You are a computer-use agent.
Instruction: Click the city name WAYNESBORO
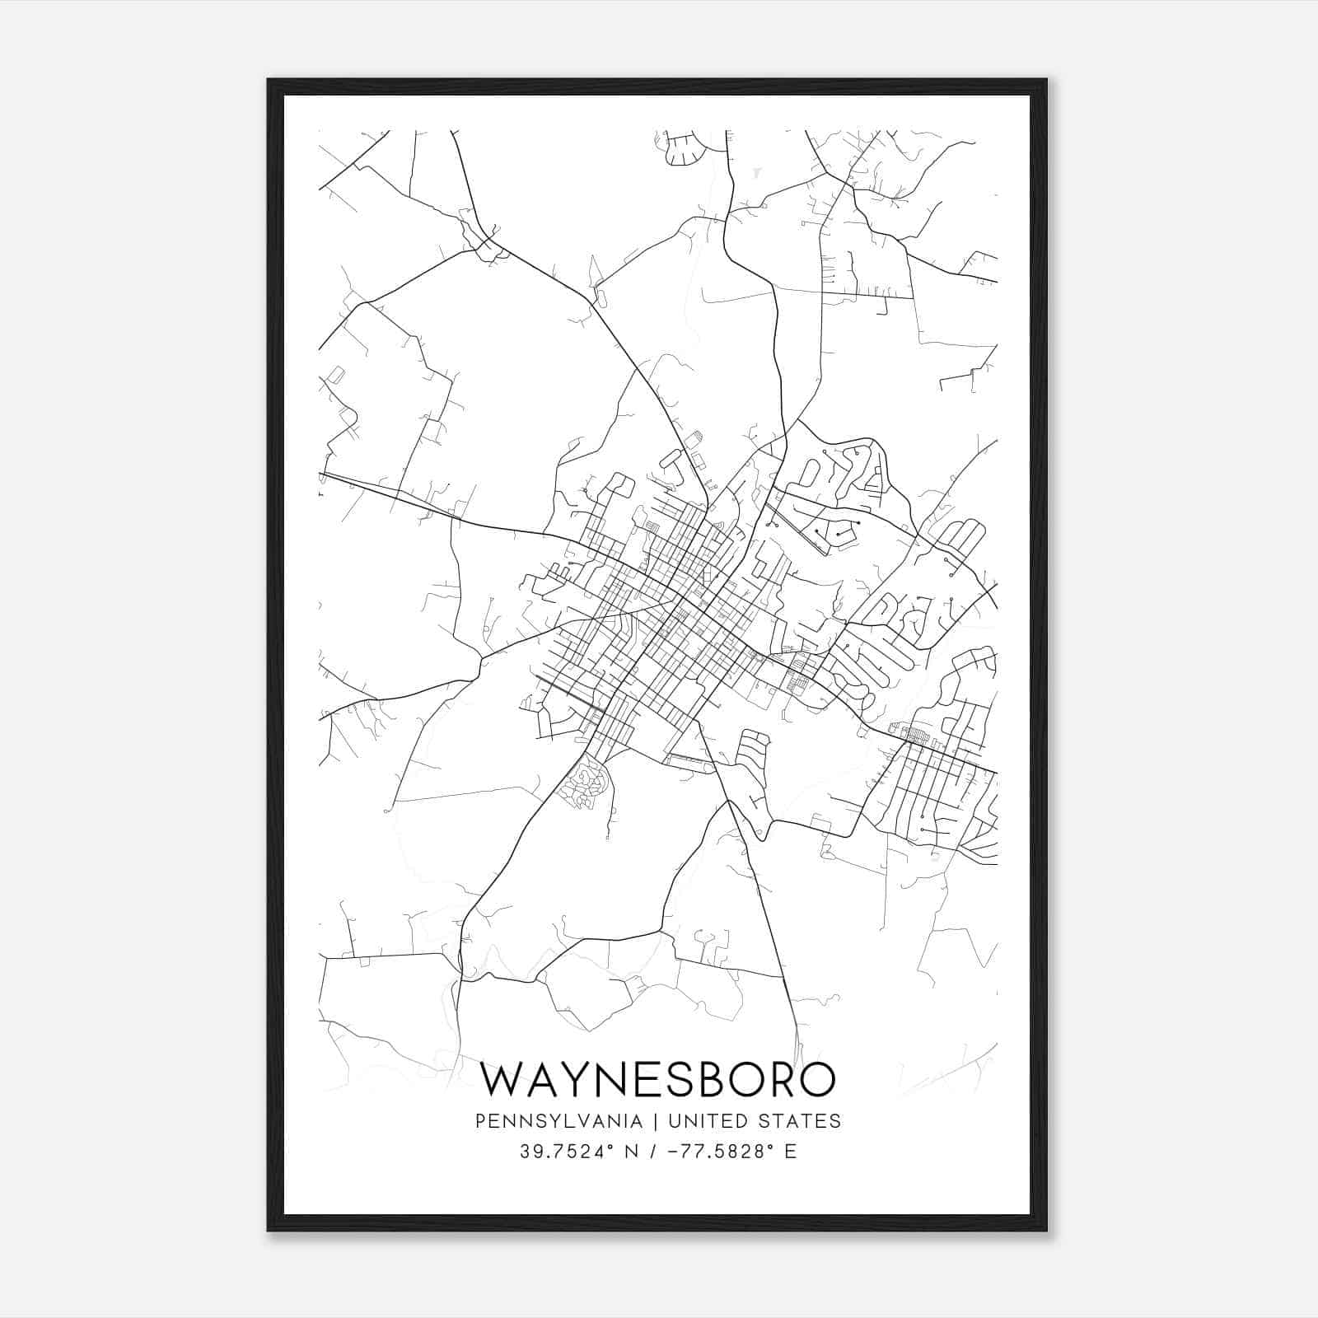point(657,1080)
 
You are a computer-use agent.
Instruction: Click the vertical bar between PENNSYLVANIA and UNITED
point(656,1121)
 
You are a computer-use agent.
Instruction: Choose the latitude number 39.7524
point(551,1152)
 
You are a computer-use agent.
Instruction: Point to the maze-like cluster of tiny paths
point(584,783)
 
